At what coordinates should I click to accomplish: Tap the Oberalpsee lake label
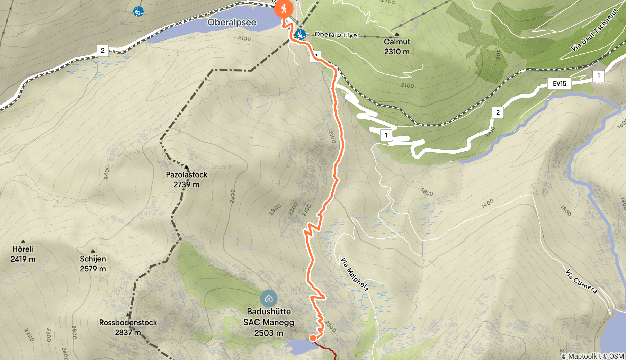click(232, 22)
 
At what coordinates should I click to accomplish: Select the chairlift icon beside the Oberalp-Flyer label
click(300, 35)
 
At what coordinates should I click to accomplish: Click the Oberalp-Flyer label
click(337, 35)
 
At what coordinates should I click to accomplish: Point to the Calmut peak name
click(397, 42)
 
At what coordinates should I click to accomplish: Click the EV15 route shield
click(559, 83)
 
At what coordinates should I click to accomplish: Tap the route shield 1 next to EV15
click(598, 76)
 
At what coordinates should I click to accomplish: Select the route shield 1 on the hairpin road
click(386, 135)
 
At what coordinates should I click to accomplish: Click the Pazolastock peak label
click(187, 175)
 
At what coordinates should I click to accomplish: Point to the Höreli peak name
click(23, 249)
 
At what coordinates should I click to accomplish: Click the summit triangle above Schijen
click(93, 251)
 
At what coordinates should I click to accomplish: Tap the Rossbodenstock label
click(128, 323)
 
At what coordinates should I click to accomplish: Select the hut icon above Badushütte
click(269, 298)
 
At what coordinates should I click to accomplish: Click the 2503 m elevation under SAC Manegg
click(269, 333)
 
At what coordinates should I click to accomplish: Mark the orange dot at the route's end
click(313, 338)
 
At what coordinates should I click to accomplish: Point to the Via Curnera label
click(581, 281)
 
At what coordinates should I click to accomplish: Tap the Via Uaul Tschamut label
click(594, 30)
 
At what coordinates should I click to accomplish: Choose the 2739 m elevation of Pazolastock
click(187, 185)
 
